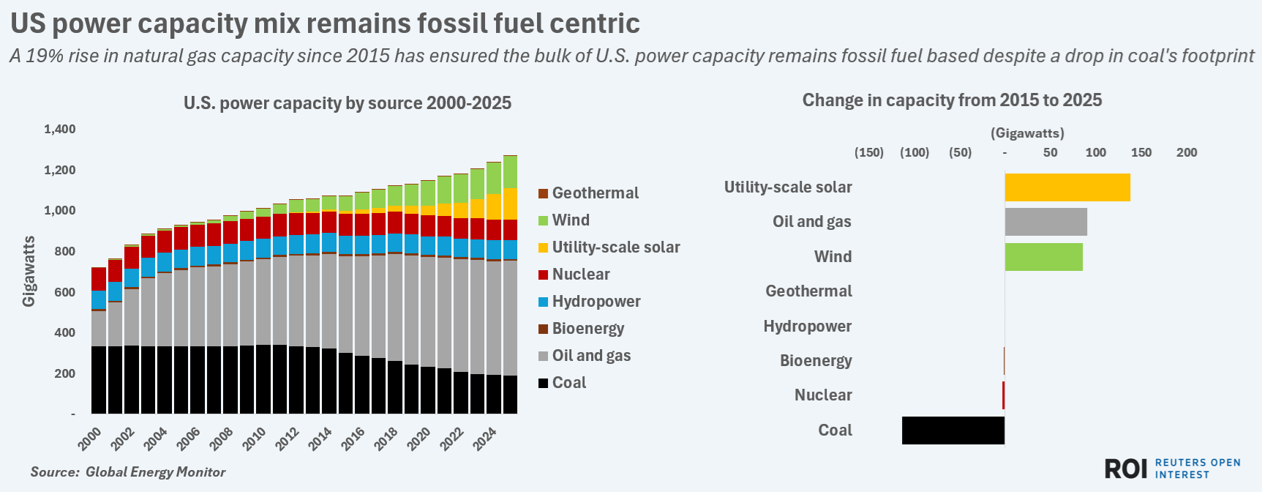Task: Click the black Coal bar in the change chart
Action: (953, 430)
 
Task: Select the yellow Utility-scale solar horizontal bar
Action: (1067, 187)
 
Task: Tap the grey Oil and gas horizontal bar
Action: (1045, 222)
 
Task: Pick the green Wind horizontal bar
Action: (1043, 257)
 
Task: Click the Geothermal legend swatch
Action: (543, 193)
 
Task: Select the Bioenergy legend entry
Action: (587, 329)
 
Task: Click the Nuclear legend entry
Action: (580, 275)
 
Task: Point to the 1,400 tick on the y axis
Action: (60, 130)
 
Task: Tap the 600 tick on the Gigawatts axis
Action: (65, 292)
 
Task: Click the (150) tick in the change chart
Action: (869, 152)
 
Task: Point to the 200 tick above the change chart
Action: (1187, 152)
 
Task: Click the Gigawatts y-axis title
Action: (29, 271)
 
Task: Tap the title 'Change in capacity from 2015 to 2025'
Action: (952, 100)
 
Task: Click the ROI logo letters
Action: (1126, 469)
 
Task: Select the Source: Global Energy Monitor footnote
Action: (128, 472)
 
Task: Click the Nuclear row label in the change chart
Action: (823, 395)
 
